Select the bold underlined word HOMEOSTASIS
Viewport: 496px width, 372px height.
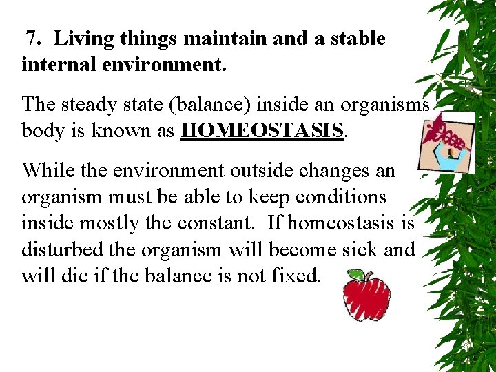coord(262,131)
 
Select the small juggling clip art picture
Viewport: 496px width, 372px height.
coord(446,141)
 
